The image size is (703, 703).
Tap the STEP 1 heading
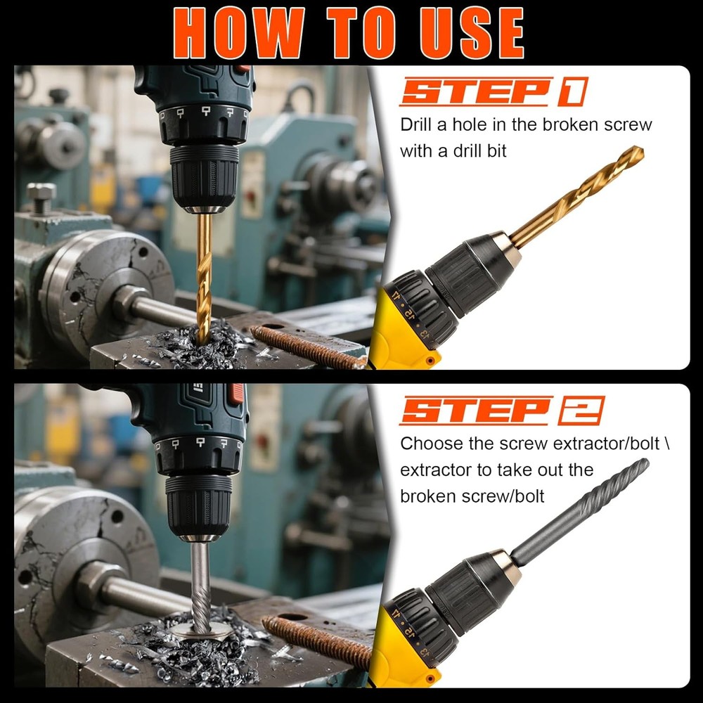click(492, 92)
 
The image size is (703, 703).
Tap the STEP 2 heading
click(501, 411)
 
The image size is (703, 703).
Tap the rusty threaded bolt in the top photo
click(309, 347)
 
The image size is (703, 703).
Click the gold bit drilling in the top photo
click(204, 274)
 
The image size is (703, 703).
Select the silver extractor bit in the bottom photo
click(200, 583)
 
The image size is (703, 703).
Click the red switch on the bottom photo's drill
click(238, 393)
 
